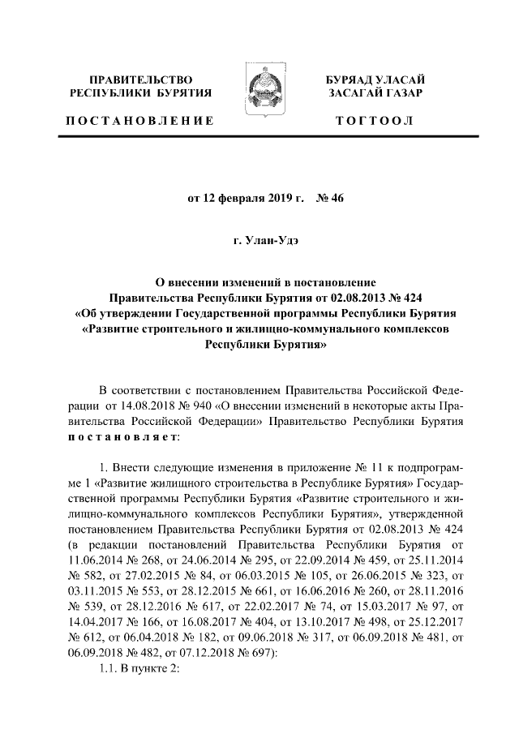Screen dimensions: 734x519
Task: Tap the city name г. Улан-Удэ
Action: [259, 242]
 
